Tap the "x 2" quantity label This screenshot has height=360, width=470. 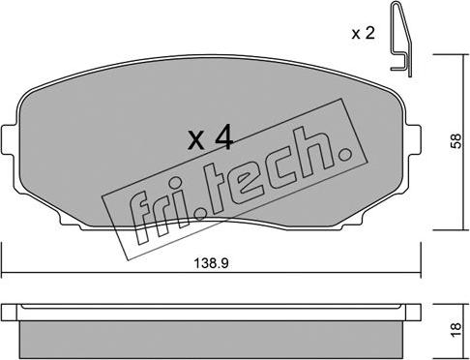(x=363, y=33)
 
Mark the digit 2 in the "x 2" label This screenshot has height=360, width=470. (x=369, y=33)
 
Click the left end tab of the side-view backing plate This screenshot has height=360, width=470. (x=9, y=313)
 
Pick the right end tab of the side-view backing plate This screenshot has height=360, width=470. (x=415, y=313)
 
